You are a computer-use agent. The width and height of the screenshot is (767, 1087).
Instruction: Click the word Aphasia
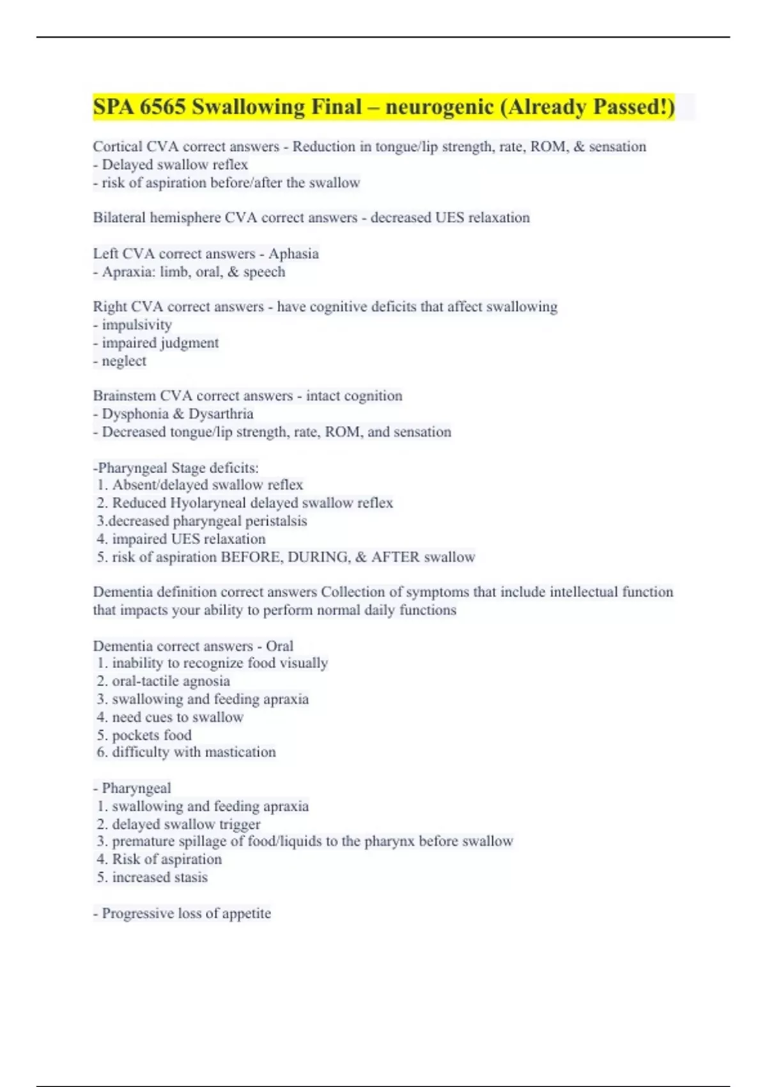[293, 254]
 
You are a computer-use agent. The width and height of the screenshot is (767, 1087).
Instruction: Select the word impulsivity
[137, 325]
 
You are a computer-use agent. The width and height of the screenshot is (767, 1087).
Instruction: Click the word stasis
[189, 877]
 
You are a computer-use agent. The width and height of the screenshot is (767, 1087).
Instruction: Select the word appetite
[246, 913]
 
